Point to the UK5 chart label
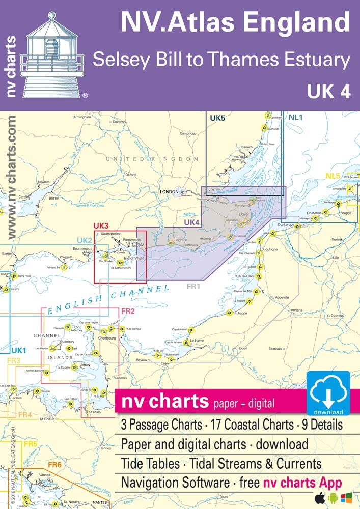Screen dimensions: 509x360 (x=217, y=118)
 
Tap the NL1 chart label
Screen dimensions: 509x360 (x=295, y=118)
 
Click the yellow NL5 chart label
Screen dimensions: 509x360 (x=333, y=177)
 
